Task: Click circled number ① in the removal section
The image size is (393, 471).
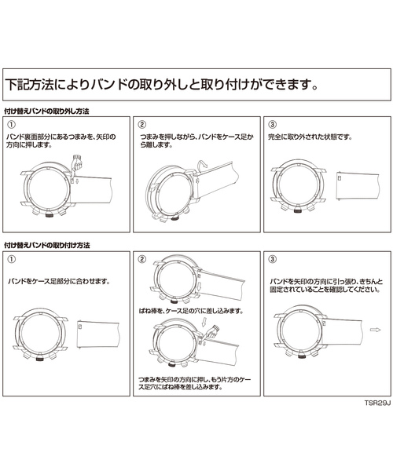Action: pos(12,125)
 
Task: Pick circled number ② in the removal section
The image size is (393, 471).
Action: pos(142,125)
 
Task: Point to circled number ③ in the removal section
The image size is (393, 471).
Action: pos(272,125)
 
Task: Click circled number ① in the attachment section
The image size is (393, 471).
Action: pos(12,258)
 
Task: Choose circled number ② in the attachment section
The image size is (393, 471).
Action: pos(142,258)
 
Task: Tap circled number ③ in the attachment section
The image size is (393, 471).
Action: pos(272,258)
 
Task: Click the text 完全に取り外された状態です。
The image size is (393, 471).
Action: pos(310,137)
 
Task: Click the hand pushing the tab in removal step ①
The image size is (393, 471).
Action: pos(77,166)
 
